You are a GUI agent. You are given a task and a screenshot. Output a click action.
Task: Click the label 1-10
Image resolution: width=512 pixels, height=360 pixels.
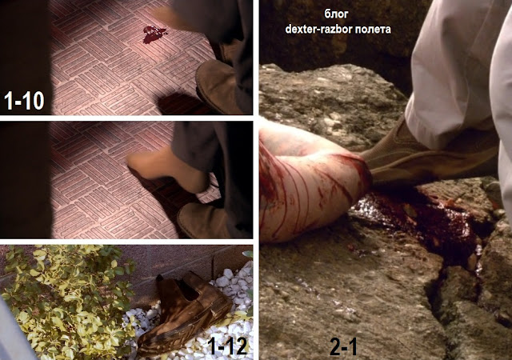[x=24, y=101]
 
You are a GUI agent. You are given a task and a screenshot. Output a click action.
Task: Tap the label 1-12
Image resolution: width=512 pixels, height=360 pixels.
[x=227, y=346]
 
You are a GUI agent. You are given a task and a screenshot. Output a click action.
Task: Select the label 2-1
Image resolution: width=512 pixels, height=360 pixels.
[x=343, y=346]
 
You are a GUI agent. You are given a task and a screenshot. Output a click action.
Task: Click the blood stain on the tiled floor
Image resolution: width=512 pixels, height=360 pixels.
[x=154, y=34]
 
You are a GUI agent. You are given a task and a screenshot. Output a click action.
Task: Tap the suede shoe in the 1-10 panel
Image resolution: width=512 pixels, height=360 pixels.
[x=217, y=86]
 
